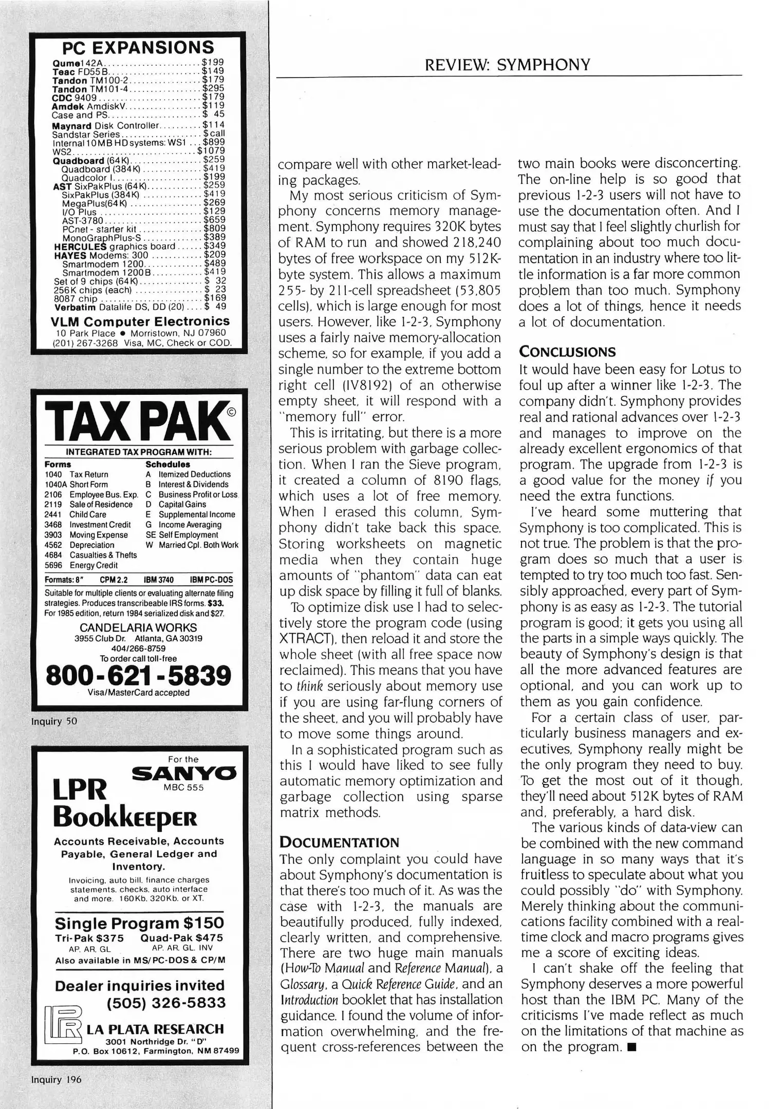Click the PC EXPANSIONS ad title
(x=138, y=48)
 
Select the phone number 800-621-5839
(x=139, y=675)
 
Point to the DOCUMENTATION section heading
(x=339, y=843)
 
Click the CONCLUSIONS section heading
(x=567, y=352)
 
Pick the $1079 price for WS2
(x=211, y=151)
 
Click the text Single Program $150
(x=139, y=923)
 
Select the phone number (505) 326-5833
(x=166, y=1003)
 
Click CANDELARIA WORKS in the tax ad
(x=138, y=627)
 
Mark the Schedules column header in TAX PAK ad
(x=167, y=464)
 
